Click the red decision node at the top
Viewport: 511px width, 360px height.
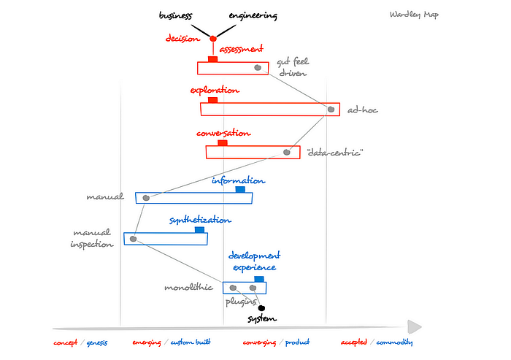(213, 39)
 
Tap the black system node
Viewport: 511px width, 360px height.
(261, 308)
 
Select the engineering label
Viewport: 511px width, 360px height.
(253, 15)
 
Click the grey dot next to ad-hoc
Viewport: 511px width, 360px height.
(331, 110)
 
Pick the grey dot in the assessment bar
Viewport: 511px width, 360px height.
(257, 68)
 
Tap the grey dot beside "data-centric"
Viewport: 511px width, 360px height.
(287, 153)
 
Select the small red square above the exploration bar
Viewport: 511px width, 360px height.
(212, 99)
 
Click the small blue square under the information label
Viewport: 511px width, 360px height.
(239, 190)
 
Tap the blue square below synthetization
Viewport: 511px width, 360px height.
(199, 229)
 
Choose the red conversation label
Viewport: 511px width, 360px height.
(223, 134)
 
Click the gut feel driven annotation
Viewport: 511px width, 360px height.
(292, 68)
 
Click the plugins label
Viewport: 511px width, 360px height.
(240, 300)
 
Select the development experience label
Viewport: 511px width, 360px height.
(254, 261)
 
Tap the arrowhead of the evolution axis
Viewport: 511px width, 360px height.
(415, 326)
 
